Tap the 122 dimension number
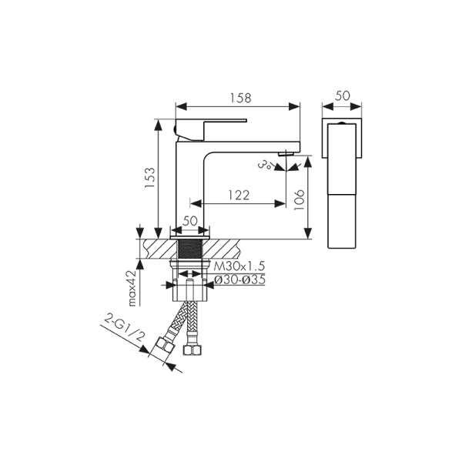pyautogui.click(x=239, y=196)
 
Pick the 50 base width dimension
pyautogui.click(x=189, y=221)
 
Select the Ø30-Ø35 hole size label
pyautogui.click(x=239, y=280)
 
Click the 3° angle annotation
pyautogui.click(x=265, y=164)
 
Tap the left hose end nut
pyautogui.click(x=163, y=346)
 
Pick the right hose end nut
pyautogui.click(x=194, y=350)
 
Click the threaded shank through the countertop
pyautogui.click(x=189, y=249)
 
